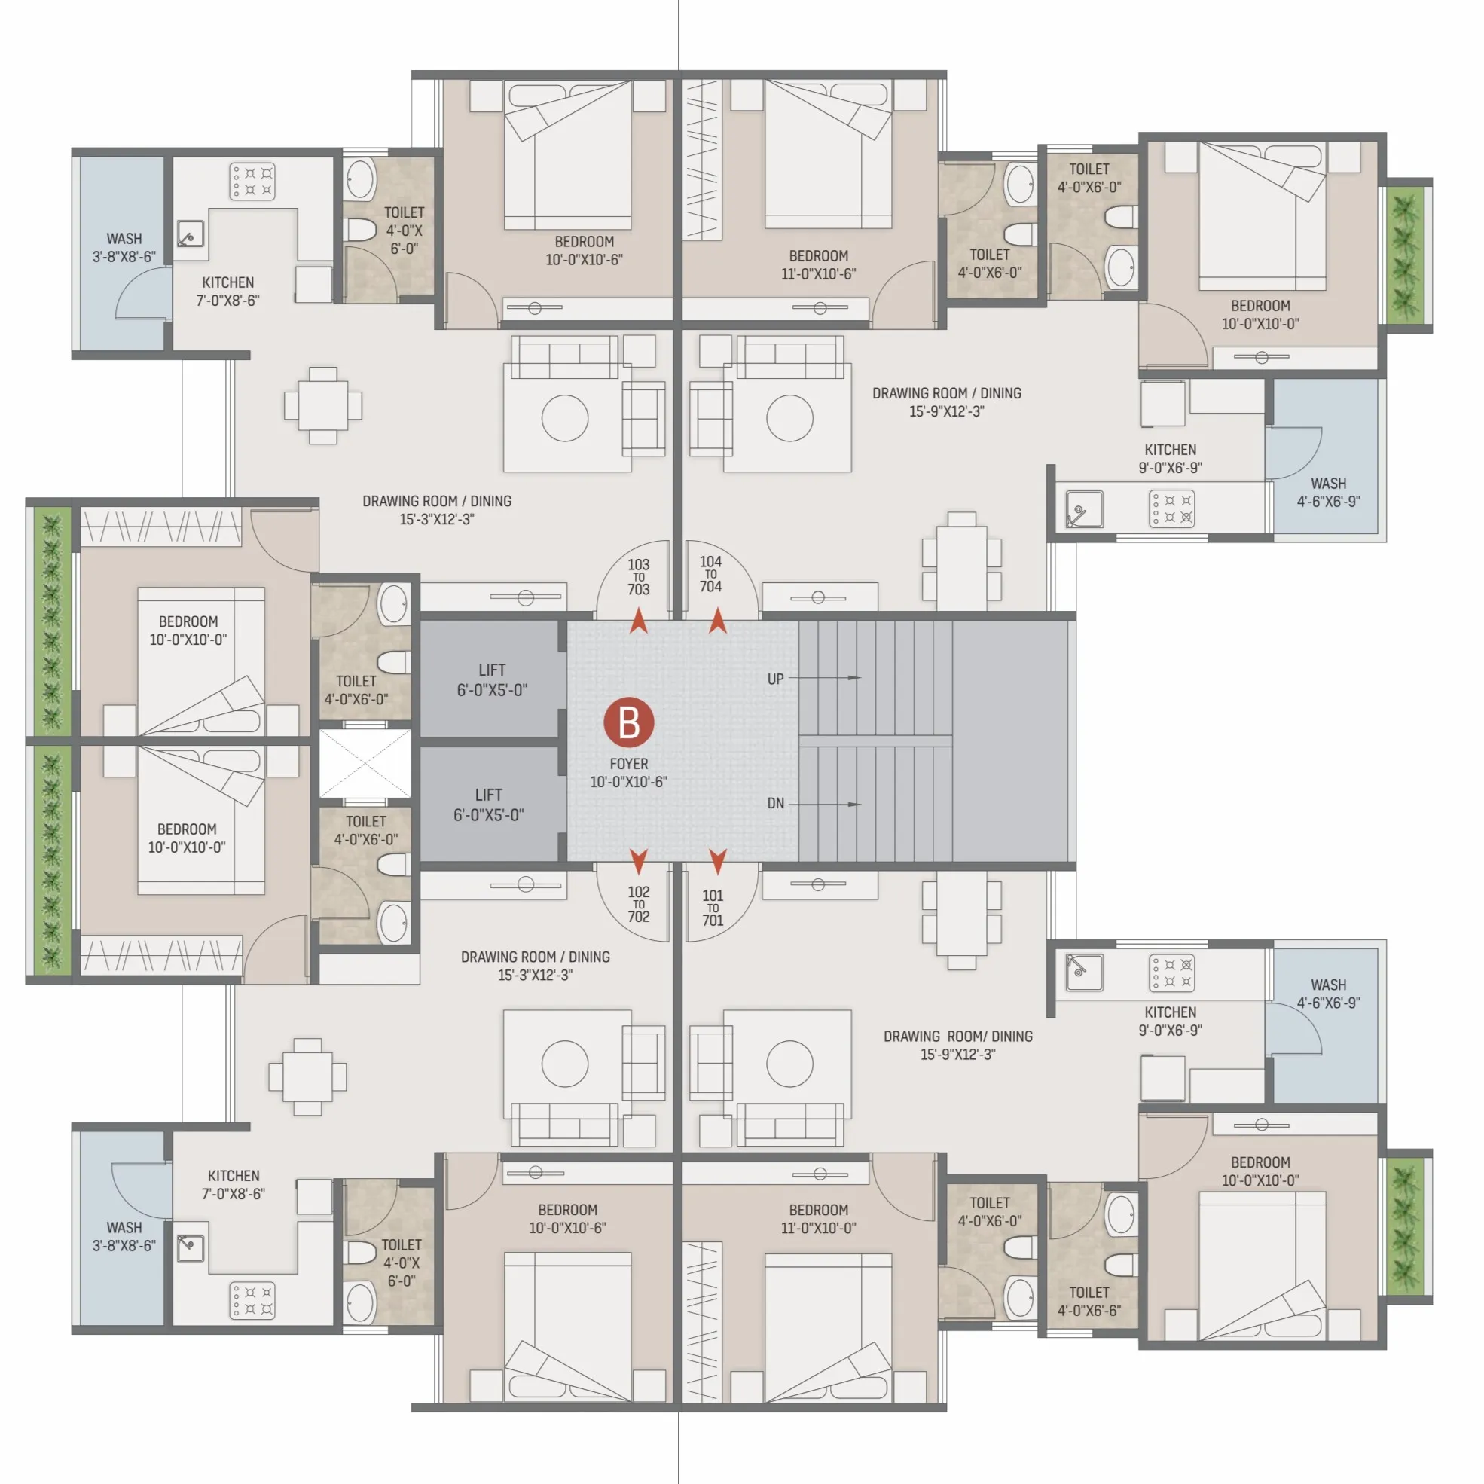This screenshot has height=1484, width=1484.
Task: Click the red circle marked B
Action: coord(628,723)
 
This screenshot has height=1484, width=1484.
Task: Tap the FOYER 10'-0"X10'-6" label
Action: coord(628,773)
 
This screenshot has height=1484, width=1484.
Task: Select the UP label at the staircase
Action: coord(775,679)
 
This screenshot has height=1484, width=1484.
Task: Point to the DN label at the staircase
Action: coord(775,804)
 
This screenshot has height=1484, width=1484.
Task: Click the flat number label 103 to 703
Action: coord(638,577)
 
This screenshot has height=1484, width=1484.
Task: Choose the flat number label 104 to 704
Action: coord(710,574)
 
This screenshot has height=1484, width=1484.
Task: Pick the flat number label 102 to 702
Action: coord(638,904)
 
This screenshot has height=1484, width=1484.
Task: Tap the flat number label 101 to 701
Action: coord(712,907)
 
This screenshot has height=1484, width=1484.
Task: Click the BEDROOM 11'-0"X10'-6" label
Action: coord(818,264)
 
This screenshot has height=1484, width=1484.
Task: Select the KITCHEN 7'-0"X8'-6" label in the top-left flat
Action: coord(227,291)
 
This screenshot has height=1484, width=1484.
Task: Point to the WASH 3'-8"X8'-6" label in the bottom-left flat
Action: coord(124,1237)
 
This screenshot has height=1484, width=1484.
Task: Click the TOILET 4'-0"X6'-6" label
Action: coord(1089,1301)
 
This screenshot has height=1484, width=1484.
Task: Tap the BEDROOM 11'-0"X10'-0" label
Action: coord(818,1218)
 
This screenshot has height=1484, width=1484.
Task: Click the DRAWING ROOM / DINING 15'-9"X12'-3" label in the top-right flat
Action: coord(946,402)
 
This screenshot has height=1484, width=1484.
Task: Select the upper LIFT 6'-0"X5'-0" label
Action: coord(492,679)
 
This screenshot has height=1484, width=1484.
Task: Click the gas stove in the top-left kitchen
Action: coord(252,182)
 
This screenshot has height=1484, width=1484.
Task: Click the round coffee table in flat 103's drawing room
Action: coord(564,418)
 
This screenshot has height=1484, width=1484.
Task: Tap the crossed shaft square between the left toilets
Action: coord(365,764)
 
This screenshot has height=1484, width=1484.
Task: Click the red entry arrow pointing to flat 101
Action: coord(717,862)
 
